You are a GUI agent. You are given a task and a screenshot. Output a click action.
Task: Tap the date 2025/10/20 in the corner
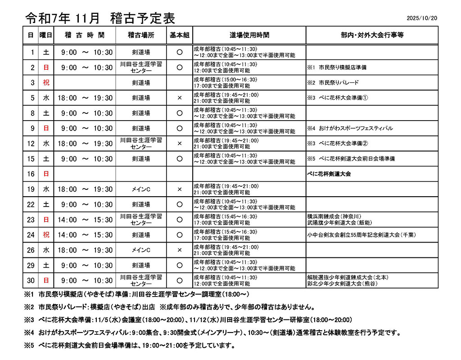[421, 18]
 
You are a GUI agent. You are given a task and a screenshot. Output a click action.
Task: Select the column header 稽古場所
[141, 35]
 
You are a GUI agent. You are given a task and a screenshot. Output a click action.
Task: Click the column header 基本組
[179, 35]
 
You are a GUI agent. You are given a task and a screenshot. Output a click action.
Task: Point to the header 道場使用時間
[249, 35]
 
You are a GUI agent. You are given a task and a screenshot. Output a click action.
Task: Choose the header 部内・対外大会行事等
[372, 35]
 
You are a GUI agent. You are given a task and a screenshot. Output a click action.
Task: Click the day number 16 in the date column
[31, 174]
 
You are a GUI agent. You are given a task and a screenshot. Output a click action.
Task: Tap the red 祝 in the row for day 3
[46, 82]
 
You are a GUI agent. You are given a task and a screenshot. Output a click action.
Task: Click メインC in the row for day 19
[141, 189]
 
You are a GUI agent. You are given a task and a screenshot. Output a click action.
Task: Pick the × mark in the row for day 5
[179, 98]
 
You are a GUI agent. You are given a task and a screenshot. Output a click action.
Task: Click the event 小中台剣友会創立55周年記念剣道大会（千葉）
[361, 235]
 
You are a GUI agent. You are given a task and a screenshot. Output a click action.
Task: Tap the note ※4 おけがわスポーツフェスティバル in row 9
[350, 128]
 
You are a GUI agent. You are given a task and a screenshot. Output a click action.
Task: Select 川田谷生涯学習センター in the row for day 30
[141, 280]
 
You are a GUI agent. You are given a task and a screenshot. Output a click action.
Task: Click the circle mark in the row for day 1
[179, 52]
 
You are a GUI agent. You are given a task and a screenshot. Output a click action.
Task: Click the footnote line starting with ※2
[176, 307]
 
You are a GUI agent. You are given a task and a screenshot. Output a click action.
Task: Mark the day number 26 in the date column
[31, 250]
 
